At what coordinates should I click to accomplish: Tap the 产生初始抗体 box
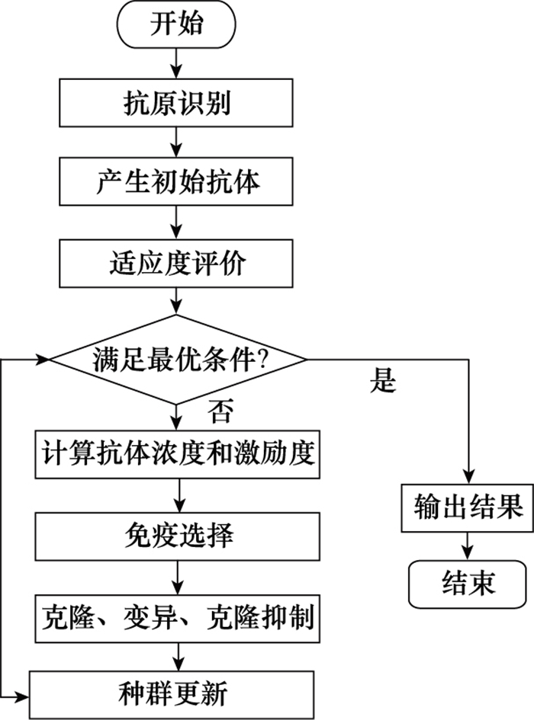[176, 183]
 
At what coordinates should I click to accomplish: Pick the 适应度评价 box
[176, 264]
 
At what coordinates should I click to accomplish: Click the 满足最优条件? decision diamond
[177, 359]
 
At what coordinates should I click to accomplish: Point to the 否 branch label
[219, 414]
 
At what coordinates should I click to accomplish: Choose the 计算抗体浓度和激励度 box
[176, 455]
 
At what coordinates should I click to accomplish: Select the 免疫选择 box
[176, 535]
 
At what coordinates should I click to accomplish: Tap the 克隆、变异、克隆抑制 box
[176, 615]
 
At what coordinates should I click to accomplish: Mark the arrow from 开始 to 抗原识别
[177, 62]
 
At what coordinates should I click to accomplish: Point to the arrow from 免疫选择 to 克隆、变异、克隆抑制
[177, 575]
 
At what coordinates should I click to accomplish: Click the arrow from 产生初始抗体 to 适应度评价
[177, 223]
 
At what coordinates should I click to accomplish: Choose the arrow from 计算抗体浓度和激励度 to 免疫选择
[177, 495]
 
